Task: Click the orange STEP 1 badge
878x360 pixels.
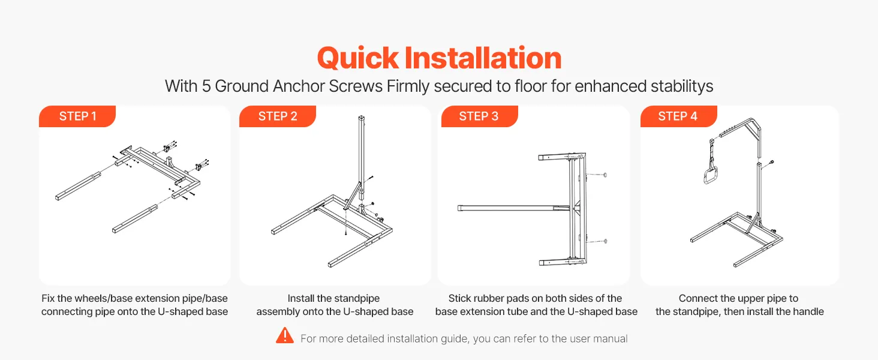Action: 77,116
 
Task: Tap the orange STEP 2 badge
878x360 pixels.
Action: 278,116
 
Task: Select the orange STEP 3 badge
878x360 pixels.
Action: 479,116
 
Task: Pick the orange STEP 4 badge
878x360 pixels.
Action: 678,116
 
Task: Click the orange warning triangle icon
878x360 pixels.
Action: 285,335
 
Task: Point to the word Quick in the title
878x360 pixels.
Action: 358,58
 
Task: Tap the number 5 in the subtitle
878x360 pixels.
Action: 206,86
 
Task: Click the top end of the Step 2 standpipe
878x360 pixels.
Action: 362,117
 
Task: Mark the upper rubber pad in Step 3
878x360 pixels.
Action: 605,175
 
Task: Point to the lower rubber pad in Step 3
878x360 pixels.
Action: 605,241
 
